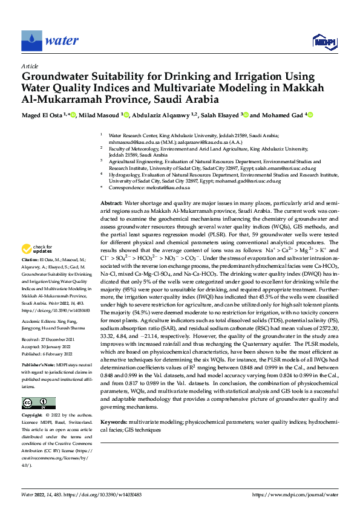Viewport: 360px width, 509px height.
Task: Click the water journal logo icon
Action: point(31,41)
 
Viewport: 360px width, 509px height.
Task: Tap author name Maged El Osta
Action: point(44,115)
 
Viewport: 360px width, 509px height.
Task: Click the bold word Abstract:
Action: point(111,204)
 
